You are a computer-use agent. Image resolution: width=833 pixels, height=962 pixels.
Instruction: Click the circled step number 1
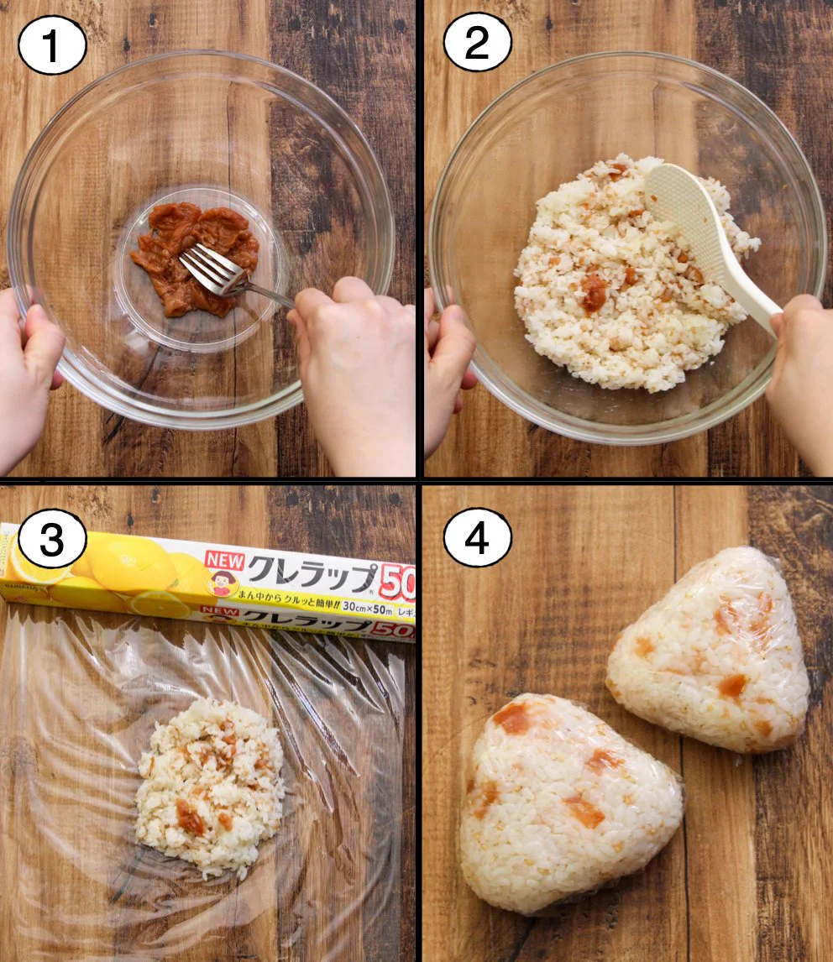point(52,44)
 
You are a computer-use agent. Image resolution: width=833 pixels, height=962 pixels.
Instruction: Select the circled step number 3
point(52,541)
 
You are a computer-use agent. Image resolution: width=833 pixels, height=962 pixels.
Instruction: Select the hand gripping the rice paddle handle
point(802,369)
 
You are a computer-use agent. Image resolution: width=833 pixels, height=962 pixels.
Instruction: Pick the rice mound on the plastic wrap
point(210,785)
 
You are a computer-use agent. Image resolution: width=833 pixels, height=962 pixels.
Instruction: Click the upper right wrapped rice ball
point(710,651)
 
